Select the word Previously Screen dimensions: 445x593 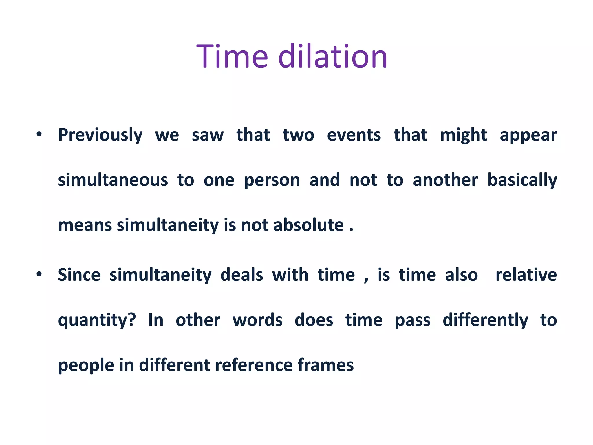pos(100,135)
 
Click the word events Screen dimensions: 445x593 pos(354,135)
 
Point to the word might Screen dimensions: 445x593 pos(463,135)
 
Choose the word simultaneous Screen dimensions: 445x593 pos(113,180)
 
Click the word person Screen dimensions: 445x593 pos(272,180)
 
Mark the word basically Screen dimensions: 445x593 pos(522,180)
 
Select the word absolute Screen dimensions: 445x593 pos(308,225)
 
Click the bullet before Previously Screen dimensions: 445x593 pos(39,134)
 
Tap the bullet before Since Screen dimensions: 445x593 pos(39,274)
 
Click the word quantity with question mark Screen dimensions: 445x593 pos(97,320)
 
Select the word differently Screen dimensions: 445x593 pos(485,320)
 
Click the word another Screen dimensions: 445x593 pos(445,180)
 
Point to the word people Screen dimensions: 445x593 pos(86,365)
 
